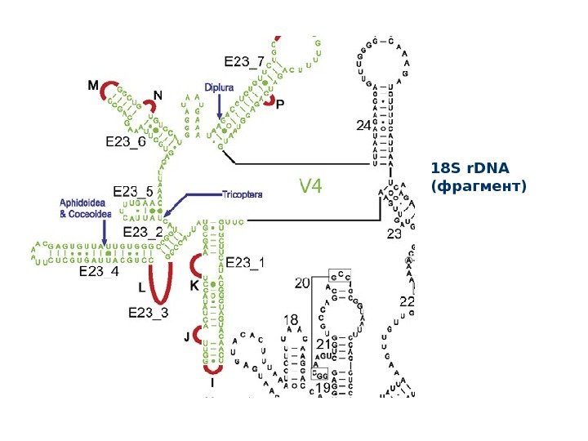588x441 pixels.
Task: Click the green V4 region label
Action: point(310,187)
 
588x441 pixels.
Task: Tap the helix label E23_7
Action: point(243,61)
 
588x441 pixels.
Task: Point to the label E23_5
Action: point(133,191)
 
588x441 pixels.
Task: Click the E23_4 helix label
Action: point(99,272)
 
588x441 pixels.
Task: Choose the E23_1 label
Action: point(245,262)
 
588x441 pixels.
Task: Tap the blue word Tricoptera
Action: point(242,194)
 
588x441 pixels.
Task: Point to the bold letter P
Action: point(280,105)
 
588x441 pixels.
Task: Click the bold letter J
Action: point(186,335)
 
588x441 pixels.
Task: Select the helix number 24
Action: point(363,126)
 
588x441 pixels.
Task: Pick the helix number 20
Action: point(302,283)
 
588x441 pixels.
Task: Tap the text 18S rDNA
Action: point(470,169)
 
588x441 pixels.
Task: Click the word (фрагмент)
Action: point(479,186)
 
